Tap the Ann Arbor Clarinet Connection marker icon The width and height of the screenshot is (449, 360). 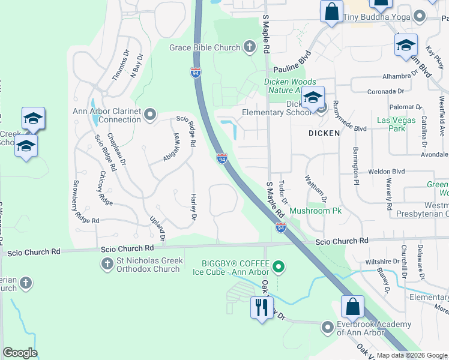[149, 113]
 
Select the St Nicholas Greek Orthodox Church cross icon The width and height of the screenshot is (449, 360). [107, 263]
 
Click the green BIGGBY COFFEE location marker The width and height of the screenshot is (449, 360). [277, 265]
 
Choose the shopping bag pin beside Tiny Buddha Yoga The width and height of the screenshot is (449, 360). [331, 11]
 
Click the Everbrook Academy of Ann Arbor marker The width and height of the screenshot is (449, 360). [327, 328]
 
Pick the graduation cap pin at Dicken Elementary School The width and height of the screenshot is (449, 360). [313, 97]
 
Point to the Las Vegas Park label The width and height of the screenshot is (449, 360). [391, 124]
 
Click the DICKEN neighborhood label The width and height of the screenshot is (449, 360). [324, 133]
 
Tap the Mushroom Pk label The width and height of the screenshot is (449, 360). [316, 211]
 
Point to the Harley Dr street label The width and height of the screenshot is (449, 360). [193, 206]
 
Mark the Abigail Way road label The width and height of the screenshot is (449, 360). [172, 147]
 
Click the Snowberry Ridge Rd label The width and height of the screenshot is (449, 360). [86, 202]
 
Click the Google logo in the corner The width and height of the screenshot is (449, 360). [20, 353]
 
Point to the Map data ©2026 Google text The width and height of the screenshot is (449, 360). [411, 355]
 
